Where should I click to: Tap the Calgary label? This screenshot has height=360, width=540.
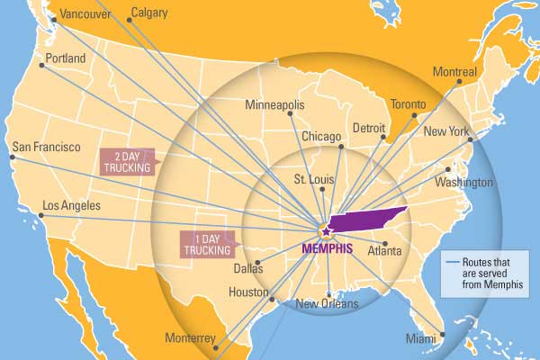pyautogui.click(x=149, y=13)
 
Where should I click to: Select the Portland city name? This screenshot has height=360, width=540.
pyautogui.click(x=66, y=58)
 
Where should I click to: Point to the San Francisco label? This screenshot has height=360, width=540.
pyautogui.click(x=46, y=147)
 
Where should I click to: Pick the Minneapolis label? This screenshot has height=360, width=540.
pyautogui.click(x=274, y=104)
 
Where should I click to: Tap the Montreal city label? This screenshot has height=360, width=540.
pyautogui.click(x=454, y=70)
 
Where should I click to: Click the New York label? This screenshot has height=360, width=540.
pyautogui.click(x=446, y=132)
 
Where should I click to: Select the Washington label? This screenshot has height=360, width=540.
pyautogui.click(x=464, y=182)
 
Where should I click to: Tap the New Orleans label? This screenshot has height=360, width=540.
pyautogui.click(x=328, y=304)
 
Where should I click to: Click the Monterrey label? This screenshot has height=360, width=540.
pyautogui.click(x=190, y=338)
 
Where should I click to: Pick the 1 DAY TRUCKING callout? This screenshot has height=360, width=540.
pyautogui.click(x=207, y=244)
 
